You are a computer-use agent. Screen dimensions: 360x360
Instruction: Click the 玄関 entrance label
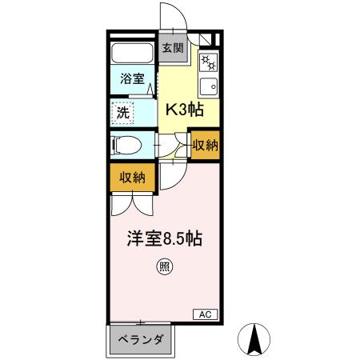coord(172,48)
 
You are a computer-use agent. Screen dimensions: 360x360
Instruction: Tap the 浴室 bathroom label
coord(132,79)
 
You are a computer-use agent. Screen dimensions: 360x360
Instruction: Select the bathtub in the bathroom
coord(133,54)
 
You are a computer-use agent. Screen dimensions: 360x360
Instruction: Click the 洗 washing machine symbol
coord(123,113)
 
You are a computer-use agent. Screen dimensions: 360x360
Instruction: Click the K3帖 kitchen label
coord(184,111)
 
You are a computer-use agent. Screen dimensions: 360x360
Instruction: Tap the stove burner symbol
coord(207,62)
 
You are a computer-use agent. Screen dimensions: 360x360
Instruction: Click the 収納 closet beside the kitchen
coord(206,146)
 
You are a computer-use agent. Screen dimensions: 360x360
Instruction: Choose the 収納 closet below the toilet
coord(133,178)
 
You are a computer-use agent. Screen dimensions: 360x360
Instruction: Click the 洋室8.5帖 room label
coord(162,238)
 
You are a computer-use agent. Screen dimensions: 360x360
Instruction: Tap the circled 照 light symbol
coord(163,267)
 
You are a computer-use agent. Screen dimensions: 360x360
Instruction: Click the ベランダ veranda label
coord(141,341)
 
